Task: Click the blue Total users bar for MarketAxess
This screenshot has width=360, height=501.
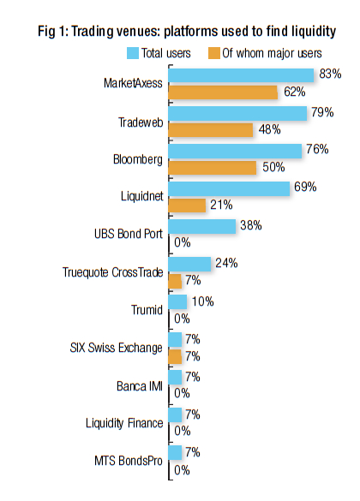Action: tap(241, 75)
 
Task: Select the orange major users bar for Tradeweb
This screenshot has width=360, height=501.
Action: tap(211, 130)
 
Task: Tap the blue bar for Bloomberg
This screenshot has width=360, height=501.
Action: tap(235, 151)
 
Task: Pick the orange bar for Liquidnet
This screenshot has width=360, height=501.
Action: tap(187, 206)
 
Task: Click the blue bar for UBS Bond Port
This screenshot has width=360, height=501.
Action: tap(202, 227)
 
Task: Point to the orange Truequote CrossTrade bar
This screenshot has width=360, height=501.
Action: tap(175, 281)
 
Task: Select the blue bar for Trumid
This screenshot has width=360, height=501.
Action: tap(177, 302)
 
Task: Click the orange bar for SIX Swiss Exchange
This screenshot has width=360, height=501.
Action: tap(175, 356)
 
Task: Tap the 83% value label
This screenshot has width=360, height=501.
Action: tap(330, 74)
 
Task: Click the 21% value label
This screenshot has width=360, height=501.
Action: tap(221, 205)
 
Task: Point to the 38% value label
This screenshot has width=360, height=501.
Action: tap(251, 225)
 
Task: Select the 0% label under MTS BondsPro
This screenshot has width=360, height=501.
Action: tap(182, 470)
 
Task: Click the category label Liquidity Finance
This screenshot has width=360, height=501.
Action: tap(124, 423)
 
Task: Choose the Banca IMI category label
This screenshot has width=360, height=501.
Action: tap(140, 386)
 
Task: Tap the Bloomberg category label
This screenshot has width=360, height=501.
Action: tap(138, 159)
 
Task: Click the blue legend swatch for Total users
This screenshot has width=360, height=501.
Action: tap(133, 53)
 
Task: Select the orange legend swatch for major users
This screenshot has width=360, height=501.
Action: tap(214, 53)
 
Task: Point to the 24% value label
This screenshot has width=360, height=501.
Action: tap(226, 263)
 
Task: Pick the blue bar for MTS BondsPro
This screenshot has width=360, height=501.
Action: tap(175, 453)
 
